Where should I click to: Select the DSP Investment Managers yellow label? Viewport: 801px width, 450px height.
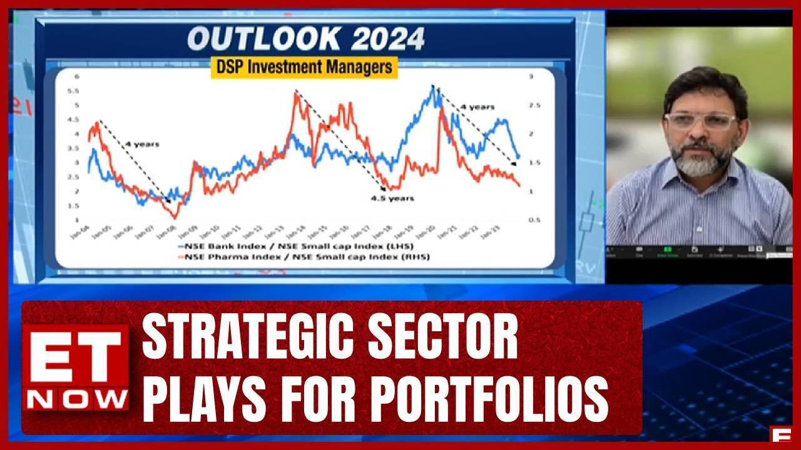point(304,67)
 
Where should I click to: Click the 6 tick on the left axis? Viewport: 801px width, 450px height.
point(77,76)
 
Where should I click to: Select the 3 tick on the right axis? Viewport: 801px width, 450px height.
point(531,76)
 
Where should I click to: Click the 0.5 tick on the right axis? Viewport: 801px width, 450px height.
point(533,219)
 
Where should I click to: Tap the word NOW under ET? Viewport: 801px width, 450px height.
point(76,398)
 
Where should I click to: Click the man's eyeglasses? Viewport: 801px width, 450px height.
point(700,121)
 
